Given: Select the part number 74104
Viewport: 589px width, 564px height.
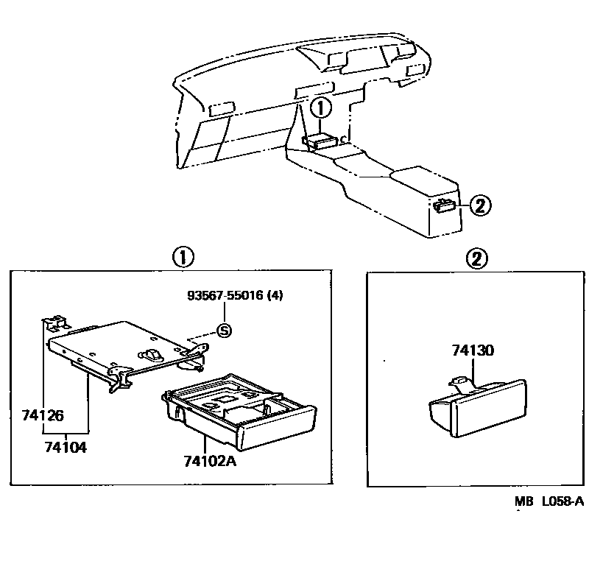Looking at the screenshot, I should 66,446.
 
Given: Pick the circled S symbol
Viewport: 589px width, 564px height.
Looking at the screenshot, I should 225,331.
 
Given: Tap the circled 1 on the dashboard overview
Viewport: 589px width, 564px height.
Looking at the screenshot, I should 321,108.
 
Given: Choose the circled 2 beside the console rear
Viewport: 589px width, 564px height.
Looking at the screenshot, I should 479,205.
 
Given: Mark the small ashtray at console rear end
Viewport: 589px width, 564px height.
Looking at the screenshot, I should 444,206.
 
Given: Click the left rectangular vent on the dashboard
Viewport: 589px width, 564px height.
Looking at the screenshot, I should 222,110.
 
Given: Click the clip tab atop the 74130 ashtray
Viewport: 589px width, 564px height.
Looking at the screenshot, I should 458,381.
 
